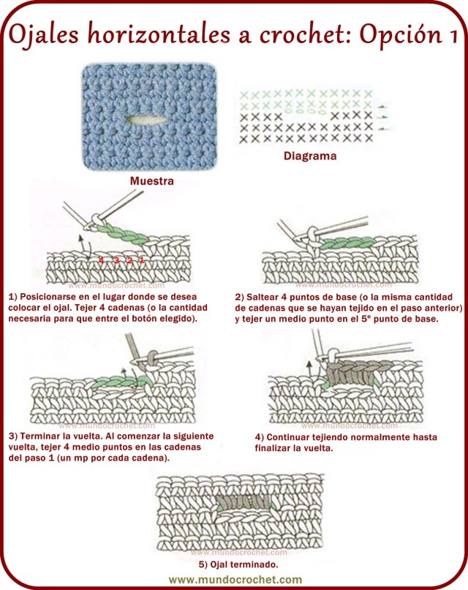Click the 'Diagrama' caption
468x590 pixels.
tap(310, 156)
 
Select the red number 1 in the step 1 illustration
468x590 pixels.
tap(141, 260)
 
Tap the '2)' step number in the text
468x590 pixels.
tap(240, 298)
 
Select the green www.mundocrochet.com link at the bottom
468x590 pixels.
tap(234, 579)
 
